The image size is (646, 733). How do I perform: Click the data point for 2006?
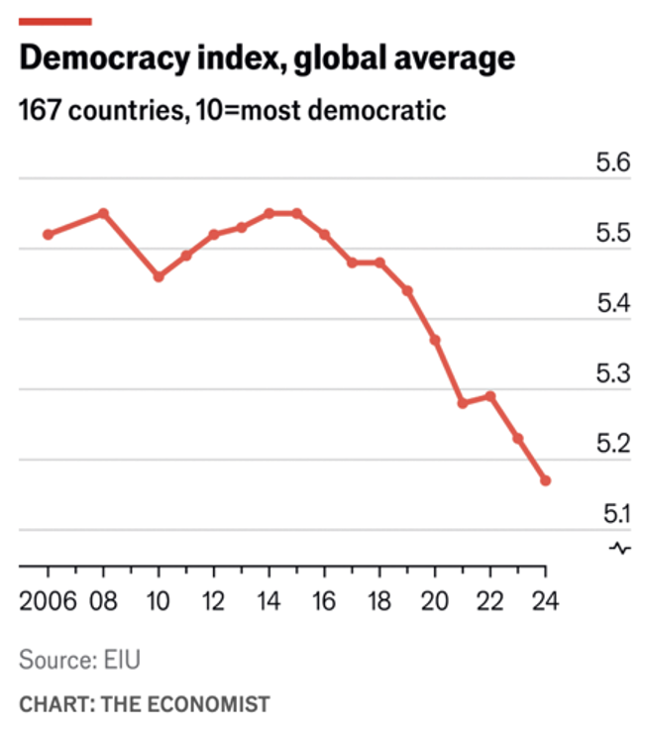tap(48, 235)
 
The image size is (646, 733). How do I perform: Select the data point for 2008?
tap(103, 213)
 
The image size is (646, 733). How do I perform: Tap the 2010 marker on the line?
tap(159, 276)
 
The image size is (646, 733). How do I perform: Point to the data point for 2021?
tap(463, 403)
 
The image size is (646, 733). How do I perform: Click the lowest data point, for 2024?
tap(545, 480)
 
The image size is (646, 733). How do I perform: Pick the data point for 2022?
tap(490, 396)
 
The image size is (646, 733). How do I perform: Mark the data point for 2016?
tap(324, 235)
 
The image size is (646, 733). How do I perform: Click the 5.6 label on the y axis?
tap(612, 163)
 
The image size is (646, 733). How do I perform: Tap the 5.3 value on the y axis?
tap(612, 373)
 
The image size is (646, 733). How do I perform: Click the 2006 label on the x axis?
tap(47, 602)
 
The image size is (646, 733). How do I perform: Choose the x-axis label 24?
tap(545, 602)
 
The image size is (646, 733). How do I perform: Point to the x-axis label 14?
tap(269, 602)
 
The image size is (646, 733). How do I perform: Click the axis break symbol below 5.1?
tap(621, 548)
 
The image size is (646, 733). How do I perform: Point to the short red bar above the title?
tap(55, 21)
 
